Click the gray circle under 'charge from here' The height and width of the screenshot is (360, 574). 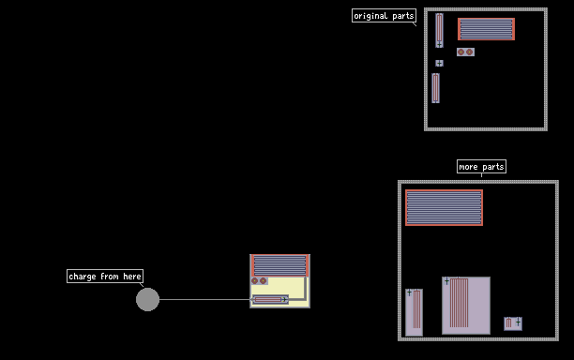[147, 300]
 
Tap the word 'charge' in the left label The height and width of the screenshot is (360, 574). [82, 277]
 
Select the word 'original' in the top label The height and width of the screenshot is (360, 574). [370, 16]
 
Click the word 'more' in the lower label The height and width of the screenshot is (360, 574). [468, 167]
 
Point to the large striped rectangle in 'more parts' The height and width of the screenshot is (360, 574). [444, 207]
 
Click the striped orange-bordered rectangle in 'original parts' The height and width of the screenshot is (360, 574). [486, 29]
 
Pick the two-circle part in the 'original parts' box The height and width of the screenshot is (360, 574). [465, 52]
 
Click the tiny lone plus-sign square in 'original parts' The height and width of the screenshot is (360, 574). [439, 64]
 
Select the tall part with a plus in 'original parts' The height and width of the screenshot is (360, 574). [439, 30]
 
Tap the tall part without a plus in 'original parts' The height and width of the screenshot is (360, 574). [435, 88]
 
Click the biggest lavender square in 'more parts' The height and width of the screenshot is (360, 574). [466, 306]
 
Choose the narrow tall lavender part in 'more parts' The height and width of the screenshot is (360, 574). [414, 312]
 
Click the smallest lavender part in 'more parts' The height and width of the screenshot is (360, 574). [513, 323]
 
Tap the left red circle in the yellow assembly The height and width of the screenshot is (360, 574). [255, 281]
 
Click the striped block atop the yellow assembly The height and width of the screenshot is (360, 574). [280, 265]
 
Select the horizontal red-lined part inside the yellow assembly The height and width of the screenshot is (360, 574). [270, 300]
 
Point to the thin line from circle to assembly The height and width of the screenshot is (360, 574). [206, 300]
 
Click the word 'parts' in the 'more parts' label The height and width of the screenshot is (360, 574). [493, 167]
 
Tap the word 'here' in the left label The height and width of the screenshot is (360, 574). [132, 277]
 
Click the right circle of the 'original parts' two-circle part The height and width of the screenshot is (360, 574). [469, 52]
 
